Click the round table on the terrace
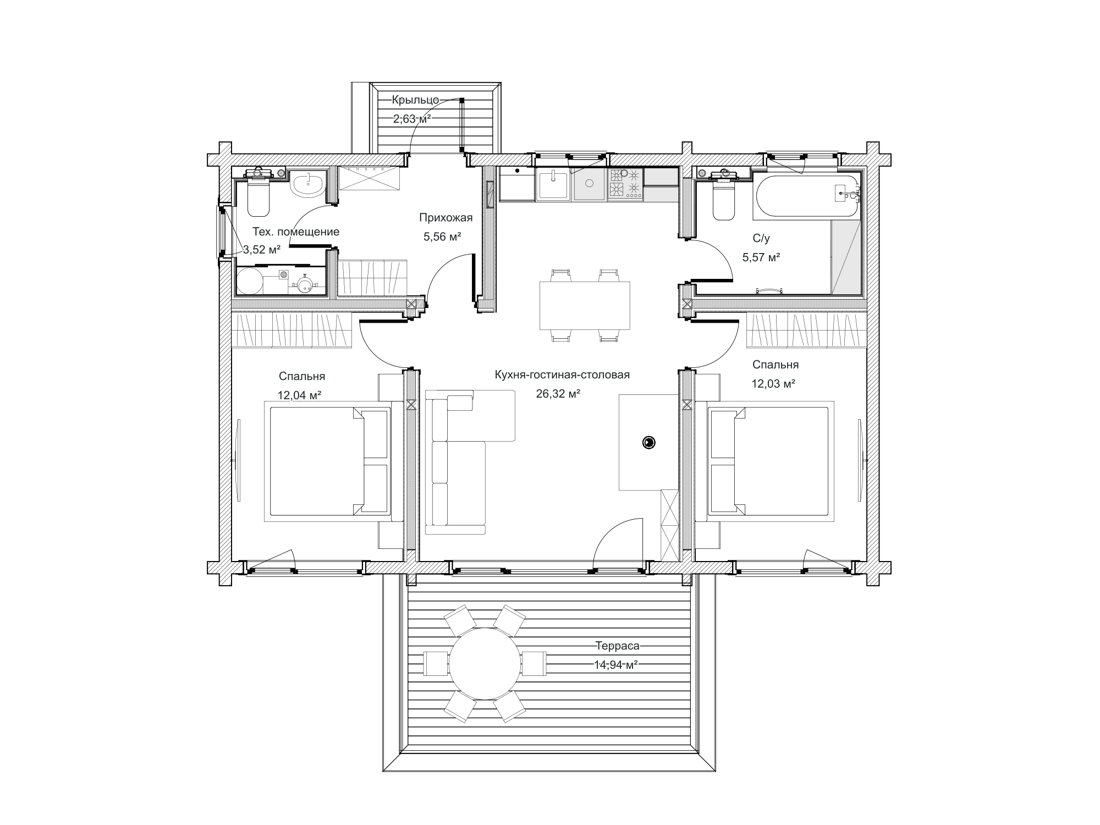point(485,663)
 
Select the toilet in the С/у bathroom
point(724,196)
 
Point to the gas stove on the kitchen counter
point(625,184)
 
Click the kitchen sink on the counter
point(553,184)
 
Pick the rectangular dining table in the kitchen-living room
point(585,305)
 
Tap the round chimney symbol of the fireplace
point(649,442)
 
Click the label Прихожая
point(446,218)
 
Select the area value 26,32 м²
point(558,394)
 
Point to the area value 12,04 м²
point(299,395)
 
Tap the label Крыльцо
point(415,100)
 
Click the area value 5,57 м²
point(761,257)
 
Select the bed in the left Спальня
point(328,461)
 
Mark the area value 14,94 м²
point(615,664)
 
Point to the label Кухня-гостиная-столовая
point(562,375)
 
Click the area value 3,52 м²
point(262,250)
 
